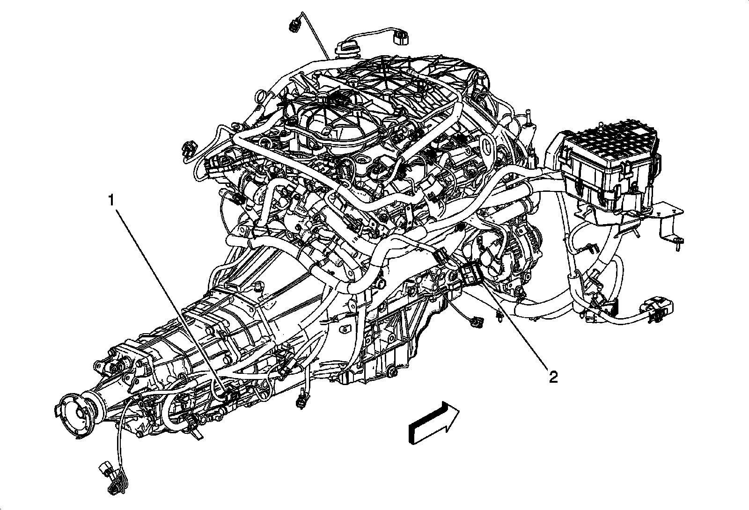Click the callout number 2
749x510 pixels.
click(553, 377)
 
